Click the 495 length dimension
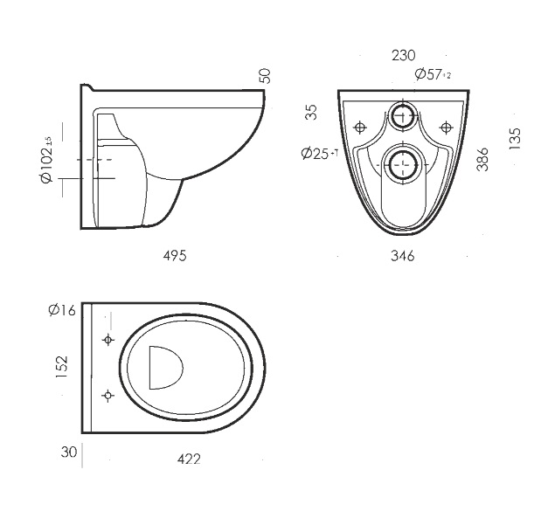pyautogui.click(x=175, y=256)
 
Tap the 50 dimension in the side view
pyautogui.click(x=266, y=76)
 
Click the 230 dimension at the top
pyautogui.click(x=402, y=55)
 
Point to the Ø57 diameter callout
pyautogui.click(x=432, y=74)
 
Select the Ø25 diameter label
pyautogui.click(x=318, y=153)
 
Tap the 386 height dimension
pyautogui.click(x=483, y=158)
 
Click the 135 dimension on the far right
pyautogui.click(x=515, y=138)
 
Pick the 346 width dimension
pyautogui.click(x=402, y=256)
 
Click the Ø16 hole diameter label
pyautogui.click(x=63, y=309)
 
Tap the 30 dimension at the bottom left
pyautogui.click(x=69, y=452)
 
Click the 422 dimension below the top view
pyautogui.click(x=188, y=459)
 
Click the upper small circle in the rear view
pyautogui.click(x=403, y=116)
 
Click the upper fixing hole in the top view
pyautogui.click(x=108, y=340)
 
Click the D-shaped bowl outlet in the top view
pyautogui.click(x=164, y=367)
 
